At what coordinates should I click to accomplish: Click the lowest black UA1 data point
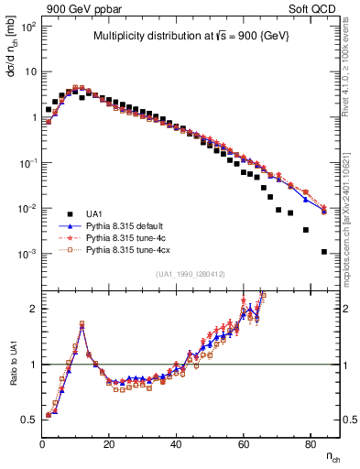coord(324,252)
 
